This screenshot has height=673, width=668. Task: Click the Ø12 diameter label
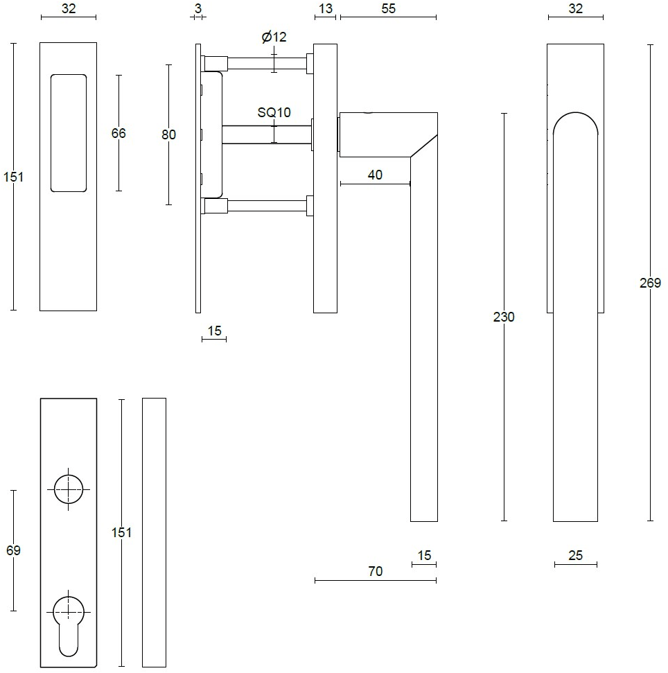pos(274,37)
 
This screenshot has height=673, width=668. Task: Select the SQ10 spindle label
pos(274,113)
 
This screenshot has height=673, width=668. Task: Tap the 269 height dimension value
pos(650,283)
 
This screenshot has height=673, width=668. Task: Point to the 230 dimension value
pos(504,317)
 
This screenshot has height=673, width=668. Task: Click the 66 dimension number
pos(118,133)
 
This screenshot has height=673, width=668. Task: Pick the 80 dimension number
pos(168,134)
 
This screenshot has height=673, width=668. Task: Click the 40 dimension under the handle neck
pos(375,175)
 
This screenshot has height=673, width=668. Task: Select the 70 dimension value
pos(375,572)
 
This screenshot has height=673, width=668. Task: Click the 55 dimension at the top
pos(389,9)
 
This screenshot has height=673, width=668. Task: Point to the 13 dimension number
pos(326,9)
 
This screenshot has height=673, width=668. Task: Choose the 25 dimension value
pos(575,555)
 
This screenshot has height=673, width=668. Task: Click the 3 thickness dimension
pos(198,9)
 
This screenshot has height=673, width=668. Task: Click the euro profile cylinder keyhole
pos(68,620)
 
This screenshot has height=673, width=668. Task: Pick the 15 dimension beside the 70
pos(424,555)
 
